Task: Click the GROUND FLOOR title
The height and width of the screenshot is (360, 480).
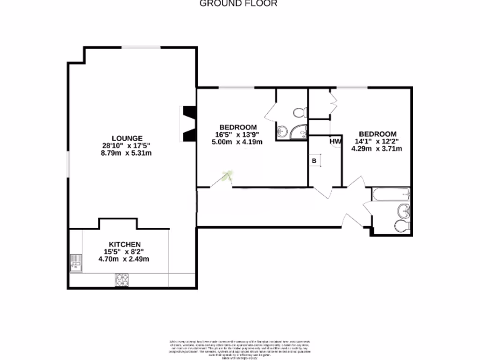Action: [239, 3]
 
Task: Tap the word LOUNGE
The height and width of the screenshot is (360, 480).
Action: [124, 138]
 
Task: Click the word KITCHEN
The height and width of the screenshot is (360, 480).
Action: [125, 245]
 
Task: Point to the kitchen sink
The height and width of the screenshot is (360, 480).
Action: [75, 262]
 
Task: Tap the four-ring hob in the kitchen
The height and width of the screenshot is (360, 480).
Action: [122, 279]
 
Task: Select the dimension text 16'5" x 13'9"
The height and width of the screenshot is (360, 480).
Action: [238, 135]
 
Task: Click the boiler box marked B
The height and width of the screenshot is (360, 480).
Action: [315, 160]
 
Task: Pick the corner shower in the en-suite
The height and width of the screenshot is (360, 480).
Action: [299, 133]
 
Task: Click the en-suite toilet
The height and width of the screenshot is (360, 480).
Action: [299, 112]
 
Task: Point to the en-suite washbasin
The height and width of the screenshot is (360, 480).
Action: [282, 132]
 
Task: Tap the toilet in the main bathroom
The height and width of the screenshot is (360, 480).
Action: [403, 226]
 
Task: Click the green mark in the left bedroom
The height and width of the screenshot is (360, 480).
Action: [229, 176]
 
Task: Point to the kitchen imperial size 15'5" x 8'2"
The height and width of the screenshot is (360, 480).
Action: [125, 252]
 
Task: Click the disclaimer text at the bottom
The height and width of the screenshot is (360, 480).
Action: [240, 347]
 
